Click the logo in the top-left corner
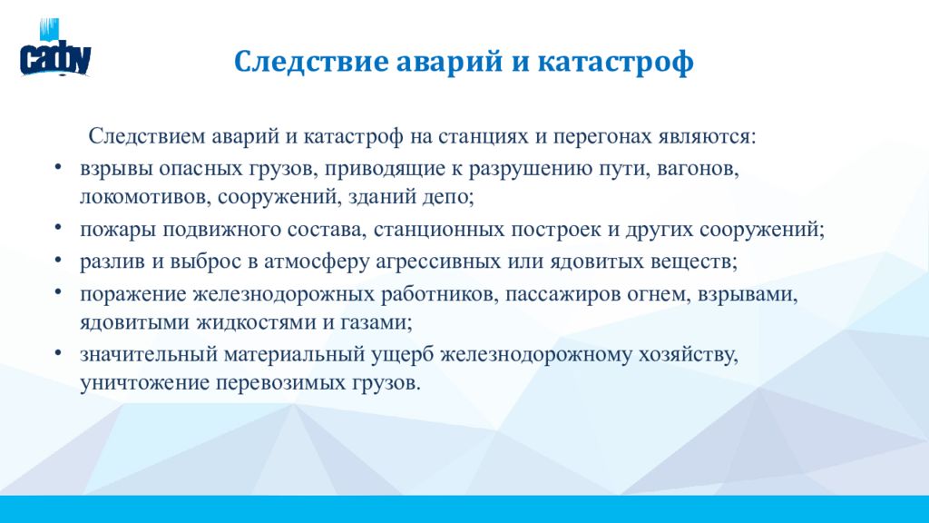click(55, 48)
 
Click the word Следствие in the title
click(311, 61)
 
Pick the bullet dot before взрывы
click(57, 167)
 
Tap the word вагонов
click(698, 169)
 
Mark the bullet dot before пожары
click(57, 227)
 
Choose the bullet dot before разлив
click(57, 259)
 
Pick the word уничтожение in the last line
click(144, 382)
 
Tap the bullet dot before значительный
click(57, 353)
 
